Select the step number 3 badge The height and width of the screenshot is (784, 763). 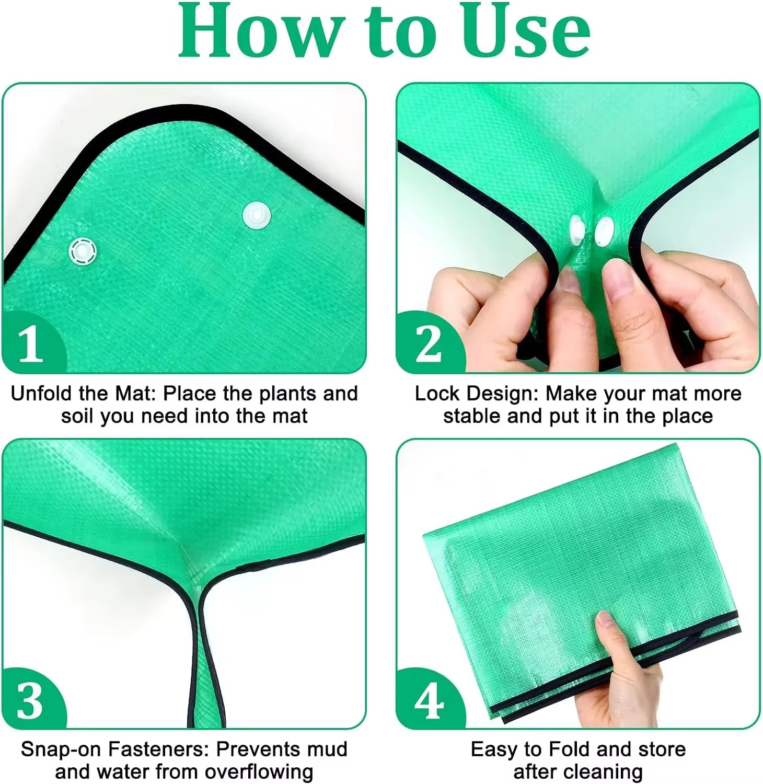30,700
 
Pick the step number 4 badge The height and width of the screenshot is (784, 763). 429,700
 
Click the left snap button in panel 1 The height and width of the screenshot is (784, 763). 83,251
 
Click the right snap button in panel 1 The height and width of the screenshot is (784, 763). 257,214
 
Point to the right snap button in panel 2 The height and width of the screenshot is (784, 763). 604,232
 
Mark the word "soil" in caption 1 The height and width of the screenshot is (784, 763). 78,417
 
